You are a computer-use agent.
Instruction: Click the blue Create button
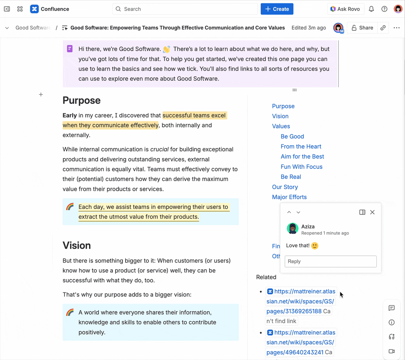pos(277,9)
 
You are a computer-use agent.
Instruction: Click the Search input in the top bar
pos(186,9)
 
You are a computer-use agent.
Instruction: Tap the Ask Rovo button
pos(345,9)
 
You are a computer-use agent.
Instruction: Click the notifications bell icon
pos(371,9)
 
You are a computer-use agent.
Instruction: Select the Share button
pos(362,28)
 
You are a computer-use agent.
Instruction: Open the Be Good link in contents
pos(292,136)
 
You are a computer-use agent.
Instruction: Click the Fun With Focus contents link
pos(301,167)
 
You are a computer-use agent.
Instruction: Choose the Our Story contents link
pos(285,187)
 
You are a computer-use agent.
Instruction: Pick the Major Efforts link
pos(289,197)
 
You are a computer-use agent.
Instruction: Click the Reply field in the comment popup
pos(330,261)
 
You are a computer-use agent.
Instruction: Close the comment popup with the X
pos(372,212)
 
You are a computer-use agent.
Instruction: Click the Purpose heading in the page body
pos(81,100)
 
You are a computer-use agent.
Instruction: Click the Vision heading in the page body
pos(77,246)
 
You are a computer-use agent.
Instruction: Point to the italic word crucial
pos(159,149)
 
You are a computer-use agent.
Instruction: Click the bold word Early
pos(70,115)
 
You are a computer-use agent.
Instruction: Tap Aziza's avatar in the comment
pos(292,228)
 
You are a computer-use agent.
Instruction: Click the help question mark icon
pos(384,9)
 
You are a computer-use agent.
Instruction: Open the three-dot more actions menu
pos(397,28)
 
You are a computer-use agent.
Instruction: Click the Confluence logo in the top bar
pos(35,9)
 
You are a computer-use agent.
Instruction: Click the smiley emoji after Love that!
pos(315,246)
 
